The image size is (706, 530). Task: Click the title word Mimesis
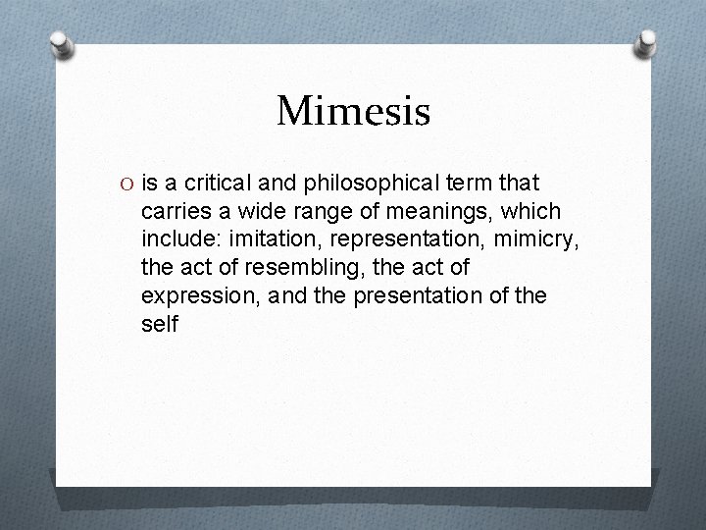pyautogui.click(x=353, y=111)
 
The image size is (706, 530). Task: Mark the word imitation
pyautogui.click(x=271, y=238)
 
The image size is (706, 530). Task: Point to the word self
pyautogui.click(x=160, y=323)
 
